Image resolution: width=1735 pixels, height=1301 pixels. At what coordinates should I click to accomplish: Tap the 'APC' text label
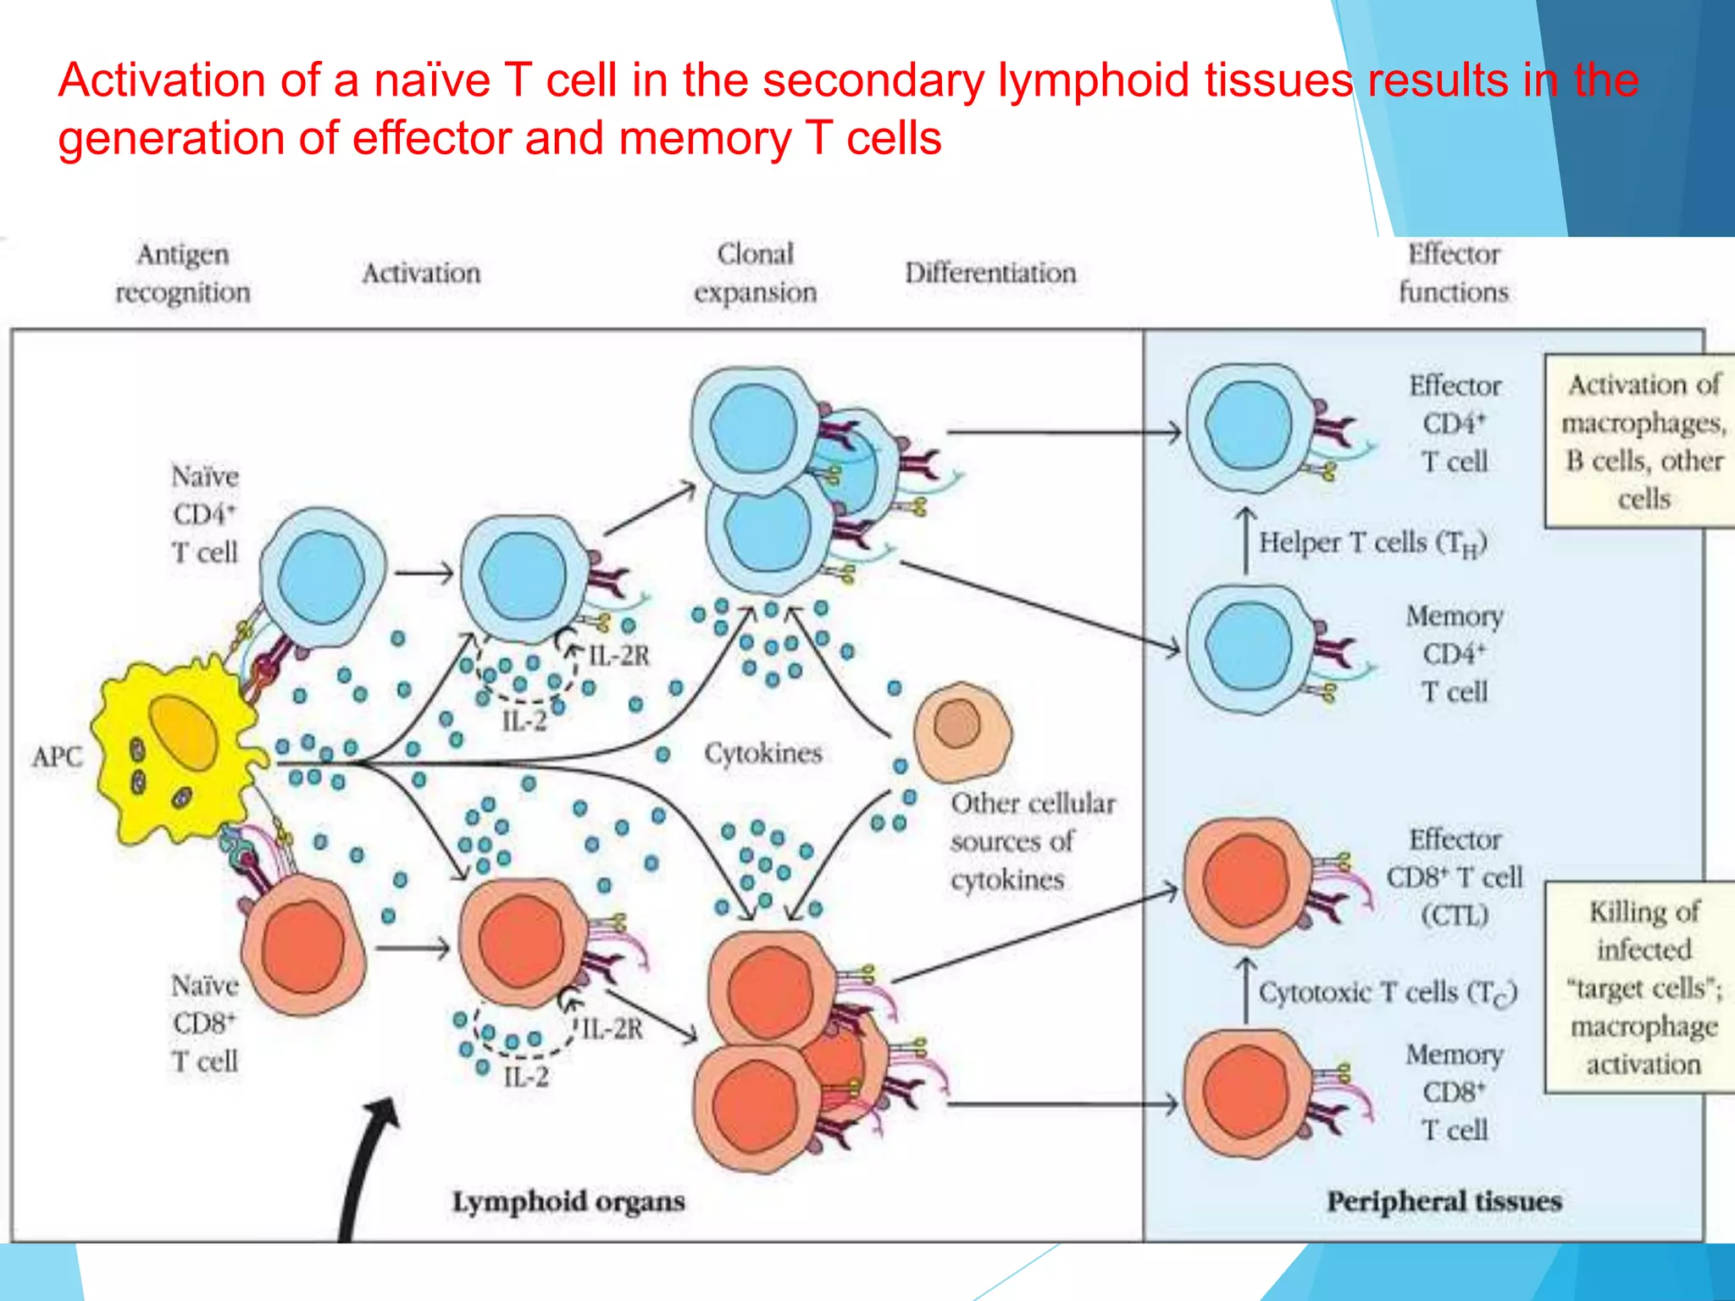[57, 756]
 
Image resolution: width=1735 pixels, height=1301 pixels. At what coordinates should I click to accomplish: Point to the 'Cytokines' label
[763, 753]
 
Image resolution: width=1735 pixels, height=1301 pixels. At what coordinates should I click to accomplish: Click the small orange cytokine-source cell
[962, 731]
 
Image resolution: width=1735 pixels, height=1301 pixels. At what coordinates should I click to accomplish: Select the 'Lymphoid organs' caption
[568, 1201]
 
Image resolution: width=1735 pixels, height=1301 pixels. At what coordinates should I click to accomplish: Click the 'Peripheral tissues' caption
[1444, 1201]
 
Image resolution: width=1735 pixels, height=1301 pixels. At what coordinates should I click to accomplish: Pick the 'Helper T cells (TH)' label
[1372, 543]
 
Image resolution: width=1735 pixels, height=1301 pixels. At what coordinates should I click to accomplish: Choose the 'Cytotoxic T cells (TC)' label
[1387, 993]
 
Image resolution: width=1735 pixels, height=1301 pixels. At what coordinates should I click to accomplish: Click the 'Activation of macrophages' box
[1641, 441]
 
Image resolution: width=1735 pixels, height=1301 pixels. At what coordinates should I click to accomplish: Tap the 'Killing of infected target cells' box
[1641, 988]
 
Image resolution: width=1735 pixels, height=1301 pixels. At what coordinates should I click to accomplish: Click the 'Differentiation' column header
[989, 273]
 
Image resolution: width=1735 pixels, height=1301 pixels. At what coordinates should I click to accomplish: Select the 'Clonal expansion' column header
[755, 273]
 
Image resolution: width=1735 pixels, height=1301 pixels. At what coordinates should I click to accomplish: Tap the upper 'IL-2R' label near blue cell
[618, 656]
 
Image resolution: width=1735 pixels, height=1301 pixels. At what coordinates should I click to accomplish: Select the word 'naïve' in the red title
[431, 80]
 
